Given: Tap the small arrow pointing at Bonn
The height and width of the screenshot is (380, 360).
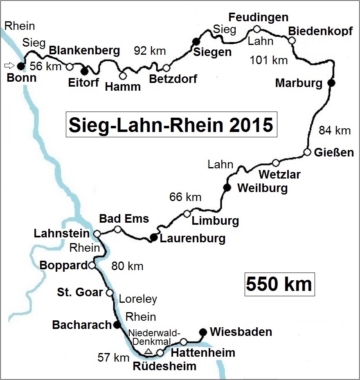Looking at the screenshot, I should click(9, 65).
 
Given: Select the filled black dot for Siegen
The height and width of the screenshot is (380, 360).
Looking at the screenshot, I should click(196, 40).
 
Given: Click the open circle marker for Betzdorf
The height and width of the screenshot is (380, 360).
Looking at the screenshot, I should click(166, 68).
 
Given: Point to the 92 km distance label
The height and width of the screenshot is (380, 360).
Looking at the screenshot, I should click(150, 51).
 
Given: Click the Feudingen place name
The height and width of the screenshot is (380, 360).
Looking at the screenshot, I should click(258, 17).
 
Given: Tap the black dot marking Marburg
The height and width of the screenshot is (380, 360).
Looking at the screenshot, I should click(332, 83).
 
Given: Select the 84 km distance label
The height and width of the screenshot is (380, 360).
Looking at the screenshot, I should click(335, 131).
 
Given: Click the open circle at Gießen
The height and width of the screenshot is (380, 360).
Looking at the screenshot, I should click(307, 152).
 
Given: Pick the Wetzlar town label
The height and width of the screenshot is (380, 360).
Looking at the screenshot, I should click(280, 175).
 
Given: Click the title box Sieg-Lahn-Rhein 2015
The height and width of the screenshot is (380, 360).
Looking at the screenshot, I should click(171, 124).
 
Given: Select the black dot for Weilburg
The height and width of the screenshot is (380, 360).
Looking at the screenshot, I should click(227, 188).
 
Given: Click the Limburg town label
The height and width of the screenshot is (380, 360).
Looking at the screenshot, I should click(215, 221).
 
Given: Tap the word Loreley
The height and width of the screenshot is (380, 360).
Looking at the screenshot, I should click(138, 299).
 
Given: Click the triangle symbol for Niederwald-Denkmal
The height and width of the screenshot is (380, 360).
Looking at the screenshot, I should click(149, 351).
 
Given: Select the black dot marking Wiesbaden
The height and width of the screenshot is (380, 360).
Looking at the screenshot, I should click(202, 331).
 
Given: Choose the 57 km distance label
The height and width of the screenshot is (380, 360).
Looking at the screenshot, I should click(113, 358).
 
